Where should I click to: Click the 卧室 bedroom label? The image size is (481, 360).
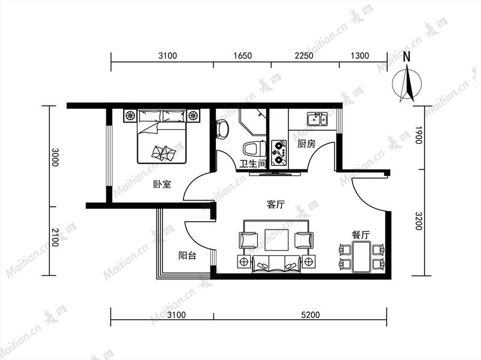click(x=162, y=184)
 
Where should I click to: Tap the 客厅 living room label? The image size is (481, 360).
click(x=276, y=204)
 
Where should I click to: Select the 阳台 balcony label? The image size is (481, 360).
click(x=187, y=255)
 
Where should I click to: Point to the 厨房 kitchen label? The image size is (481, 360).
click(x=306, y=144)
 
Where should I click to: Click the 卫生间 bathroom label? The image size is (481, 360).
click(x=253, y=164)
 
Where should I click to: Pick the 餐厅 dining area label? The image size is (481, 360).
click(x=361, y=234)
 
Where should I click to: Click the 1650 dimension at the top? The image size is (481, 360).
click(x=242, y=55)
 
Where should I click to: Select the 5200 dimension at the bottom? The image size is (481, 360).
click(x=310, y=314)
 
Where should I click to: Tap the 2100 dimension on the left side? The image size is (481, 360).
click(x=55, y=237)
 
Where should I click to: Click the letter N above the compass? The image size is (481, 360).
click(x=407, y=56)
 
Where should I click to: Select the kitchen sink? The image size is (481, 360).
click(x=317, y=119)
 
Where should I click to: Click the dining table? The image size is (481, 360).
click(x=361, y=257)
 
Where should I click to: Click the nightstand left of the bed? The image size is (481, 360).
click(x=130, y=115)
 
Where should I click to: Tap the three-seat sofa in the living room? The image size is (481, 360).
click(x=277, y=264)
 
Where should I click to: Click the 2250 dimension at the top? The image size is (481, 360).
click(x=304, y=55)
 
